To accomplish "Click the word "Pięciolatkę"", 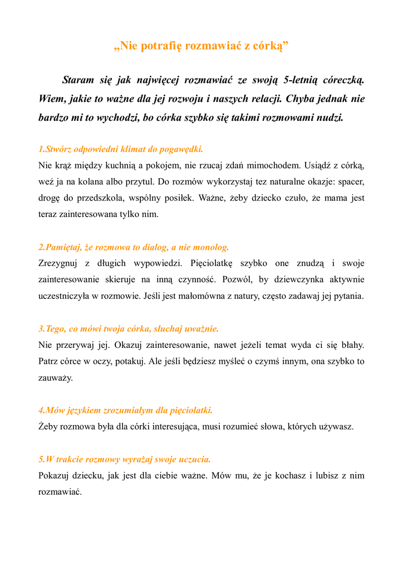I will (214, 263).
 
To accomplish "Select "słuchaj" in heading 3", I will (171, 329).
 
